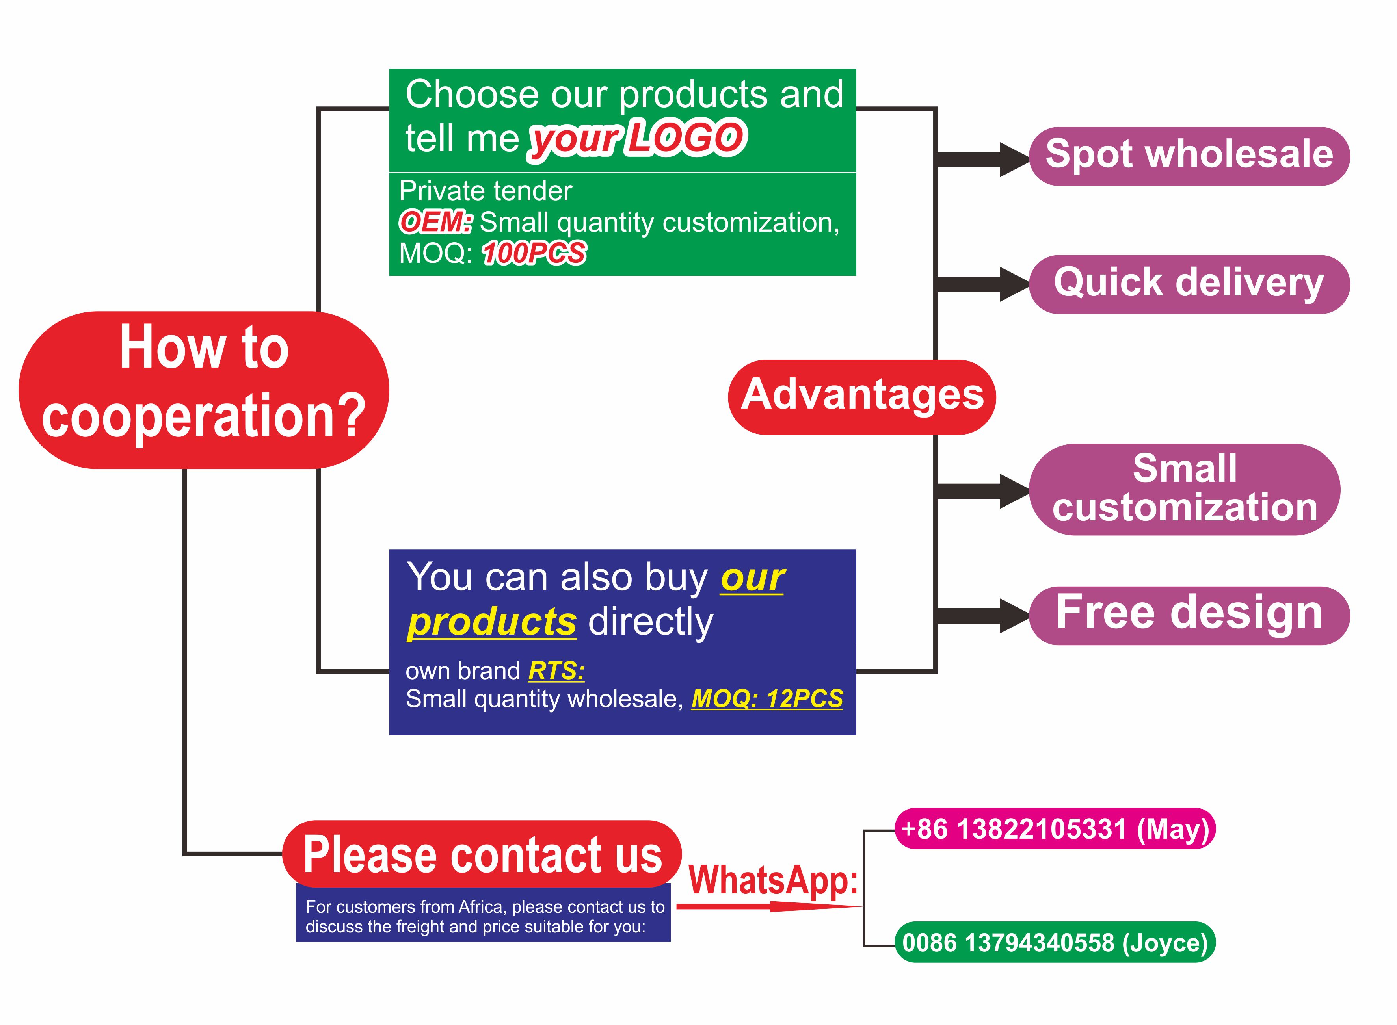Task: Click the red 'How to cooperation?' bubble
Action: [204, 390]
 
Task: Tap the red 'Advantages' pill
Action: [861, 396]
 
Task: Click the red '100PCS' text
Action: [533, 253]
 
